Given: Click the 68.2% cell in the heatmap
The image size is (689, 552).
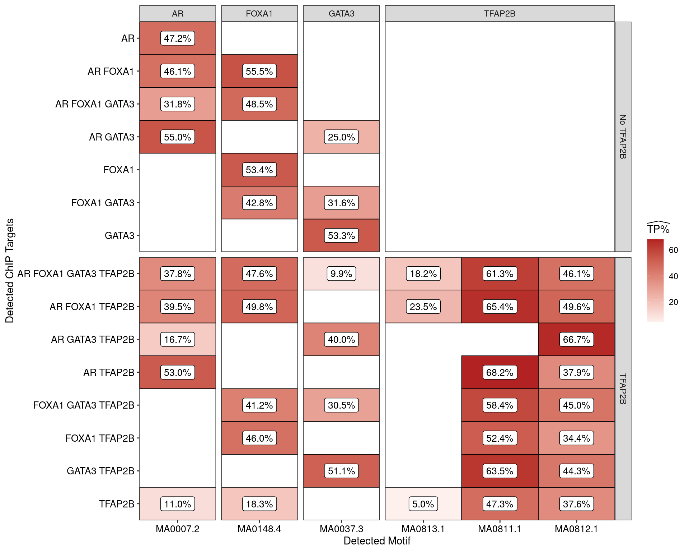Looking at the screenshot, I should tap(500, 372).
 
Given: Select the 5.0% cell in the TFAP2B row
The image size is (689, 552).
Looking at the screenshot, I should tap(423, 504).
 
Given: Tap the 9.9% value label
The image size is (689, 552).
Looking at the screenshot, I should tap(341, 274).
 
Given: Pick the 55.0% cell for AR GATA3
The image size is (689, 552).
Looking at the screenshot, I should tap(178, 137).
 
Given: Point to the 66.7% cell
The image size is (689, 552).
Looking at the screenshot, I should tap(576, 339).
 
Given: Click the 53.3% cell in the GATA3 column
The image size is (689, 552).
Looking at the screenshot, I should tap(341, 235).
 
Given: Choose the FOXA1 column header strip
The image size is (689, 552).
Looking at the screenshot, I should tap(259, 14).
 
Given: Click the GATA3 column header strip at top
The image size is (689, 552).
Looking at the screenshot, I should tap(341, 14).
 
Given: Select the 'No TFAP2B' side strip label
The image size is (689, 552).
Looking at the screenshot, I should tap(623, 137).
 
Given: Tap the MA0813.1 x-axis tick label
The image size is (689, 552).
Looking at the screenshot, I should tap(423, 529).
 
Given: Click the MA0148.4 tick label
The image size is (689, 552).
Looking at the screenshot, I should tap(259, 529).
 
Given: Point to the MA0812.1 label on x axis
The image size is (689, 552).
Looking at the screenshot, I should tap(576, 529).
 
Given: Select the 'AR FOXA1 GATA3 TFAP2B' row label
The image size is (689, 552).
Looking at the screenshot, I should tap(76, 274).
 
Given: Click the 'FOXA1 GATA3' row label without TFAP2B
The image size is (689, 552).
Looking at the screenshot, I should tap(103, 203).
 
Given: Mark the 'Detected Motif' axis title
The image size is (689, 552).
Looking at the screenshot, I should tap(377, 541).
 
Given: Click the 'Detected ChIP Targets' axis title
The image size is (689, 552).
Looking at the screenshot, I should tap(10, 271).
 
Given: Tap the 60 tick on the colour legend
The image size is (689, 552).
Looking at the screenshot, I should tap(673, 250).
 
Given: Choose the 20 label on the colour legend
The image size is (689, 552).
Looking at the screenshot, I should tap(673, 302).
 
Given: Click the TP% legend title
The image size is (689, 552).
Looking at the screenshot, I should tap(658, 229).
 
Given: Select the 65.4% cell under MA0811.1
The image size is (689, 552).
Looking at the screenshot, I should tap(500, 307).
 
